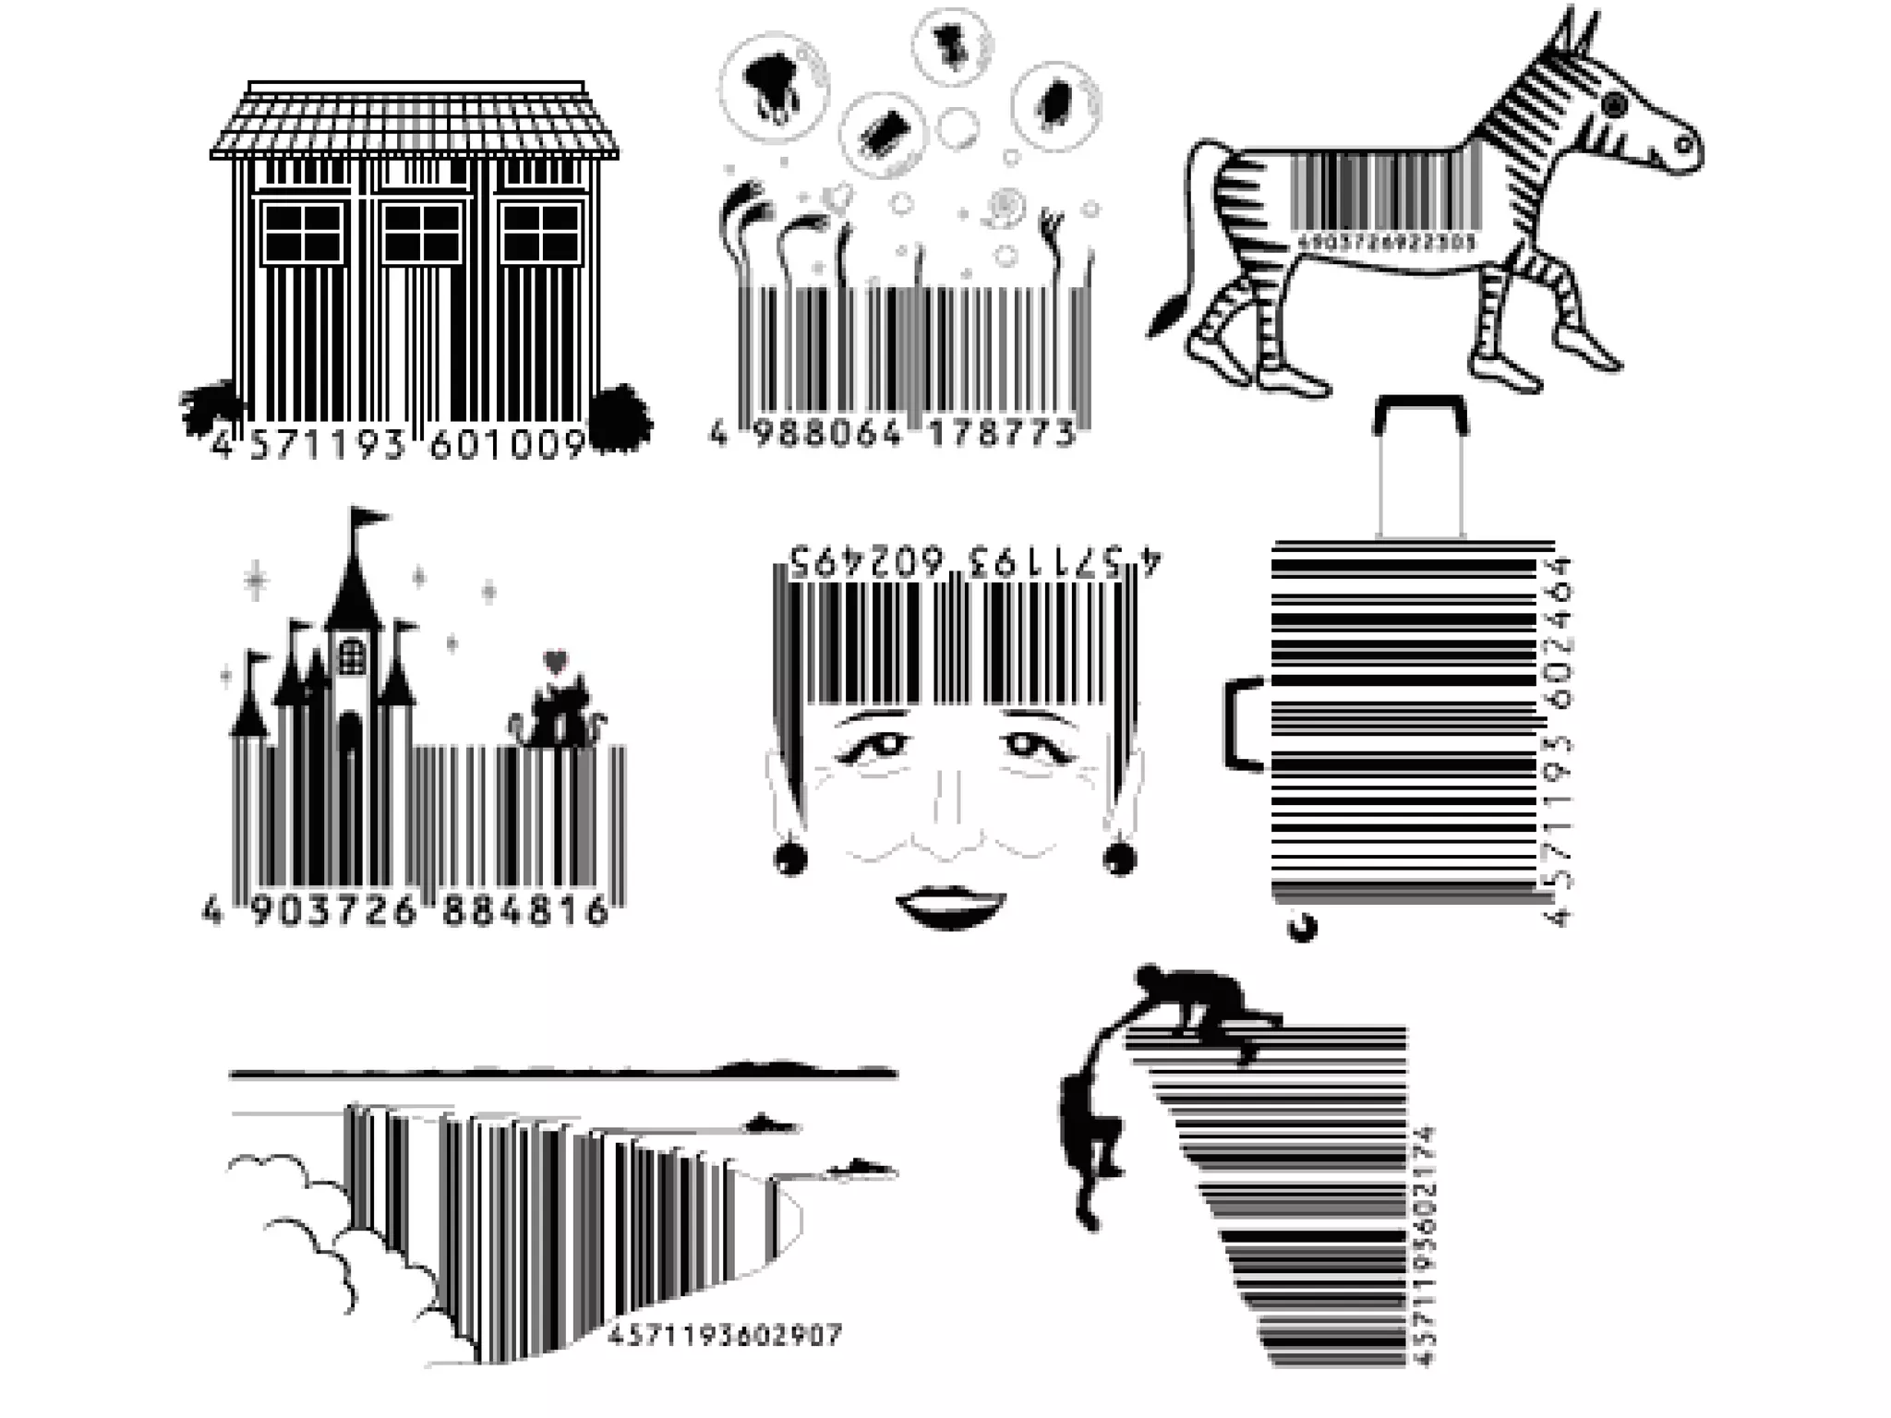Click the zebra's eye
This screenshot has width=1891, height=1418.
pos(1614,104)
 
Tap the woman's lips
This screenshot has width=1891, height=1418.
pos(950,906)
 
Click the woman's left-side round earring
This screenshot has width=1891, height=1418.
pos(790,859)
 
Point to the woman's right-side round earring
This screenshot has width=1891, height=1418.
pos(1119,858)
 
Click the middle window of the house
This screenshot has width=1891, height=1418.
pos(422,233)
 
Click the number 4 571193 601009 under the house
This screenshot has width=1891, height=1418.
pos(399,446)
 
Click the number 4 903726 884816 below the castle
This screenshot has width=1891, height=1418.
pos(405,911)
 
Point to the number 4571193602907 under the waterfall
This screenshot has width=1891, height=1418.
pos(724,1335)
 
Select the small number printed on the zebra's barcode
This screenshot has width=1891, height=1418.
pos(1386,242)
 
